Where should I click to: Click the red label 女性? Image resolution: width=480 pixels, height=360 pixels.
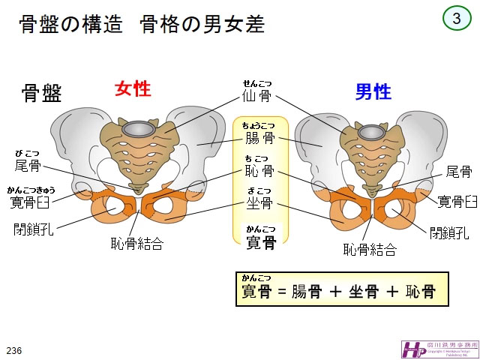click(133, 89)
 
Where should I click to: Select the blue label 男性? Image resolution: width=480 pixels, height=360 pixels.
click(373, 92)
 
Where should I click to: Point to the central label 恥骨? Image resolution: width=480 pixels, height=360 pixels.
click(259, 172)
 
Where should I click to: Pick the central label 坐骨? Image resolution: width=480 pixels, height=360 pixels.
click(259, 204)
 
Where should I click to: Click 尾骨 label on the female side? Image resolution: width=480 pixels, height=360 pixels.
click(28, 165)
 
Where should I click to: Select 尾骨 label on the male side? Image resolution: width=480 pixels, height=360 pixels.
click(458, 172)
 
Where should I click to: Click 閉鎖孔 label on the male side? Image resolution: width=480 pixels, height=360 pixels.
click(449, 231)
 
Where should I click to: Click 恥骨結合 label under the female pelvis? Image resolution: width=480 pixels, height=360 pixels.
click(136, 243)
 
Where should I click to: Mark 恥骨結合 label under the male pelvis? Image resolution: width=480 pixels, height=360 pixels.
click(370, 249)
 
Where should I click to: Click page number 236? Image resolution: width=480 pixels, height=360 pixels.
click(13, 350)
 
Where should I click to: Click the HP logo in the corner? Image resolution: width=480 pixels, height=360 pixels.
click(415, 349)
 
